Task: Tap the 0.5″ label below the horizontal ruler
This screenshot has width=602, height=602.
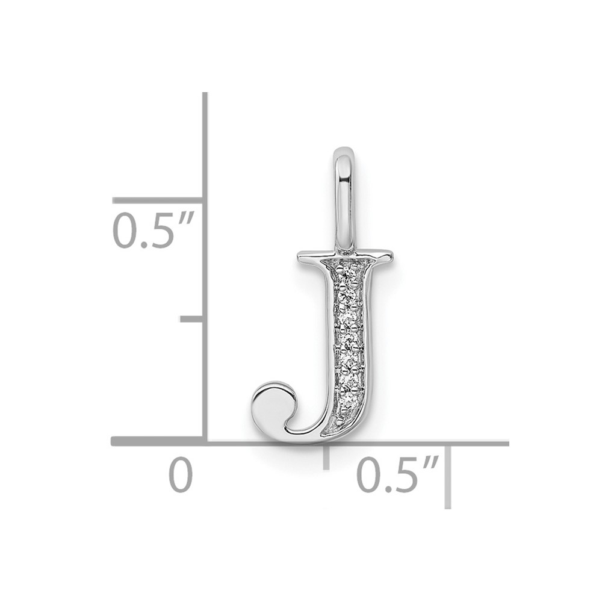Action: (398, 474)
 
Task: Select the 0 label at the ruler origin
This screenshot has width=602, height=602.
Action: (181, 474)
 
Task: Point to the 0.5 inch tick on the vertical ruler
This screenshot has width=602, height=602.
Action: (158, 200)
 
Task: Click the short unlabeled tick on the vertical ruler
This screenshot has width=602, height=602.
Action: (192, 319)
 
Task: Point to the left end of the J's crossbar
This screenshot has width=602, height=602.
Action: (299, 255)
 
